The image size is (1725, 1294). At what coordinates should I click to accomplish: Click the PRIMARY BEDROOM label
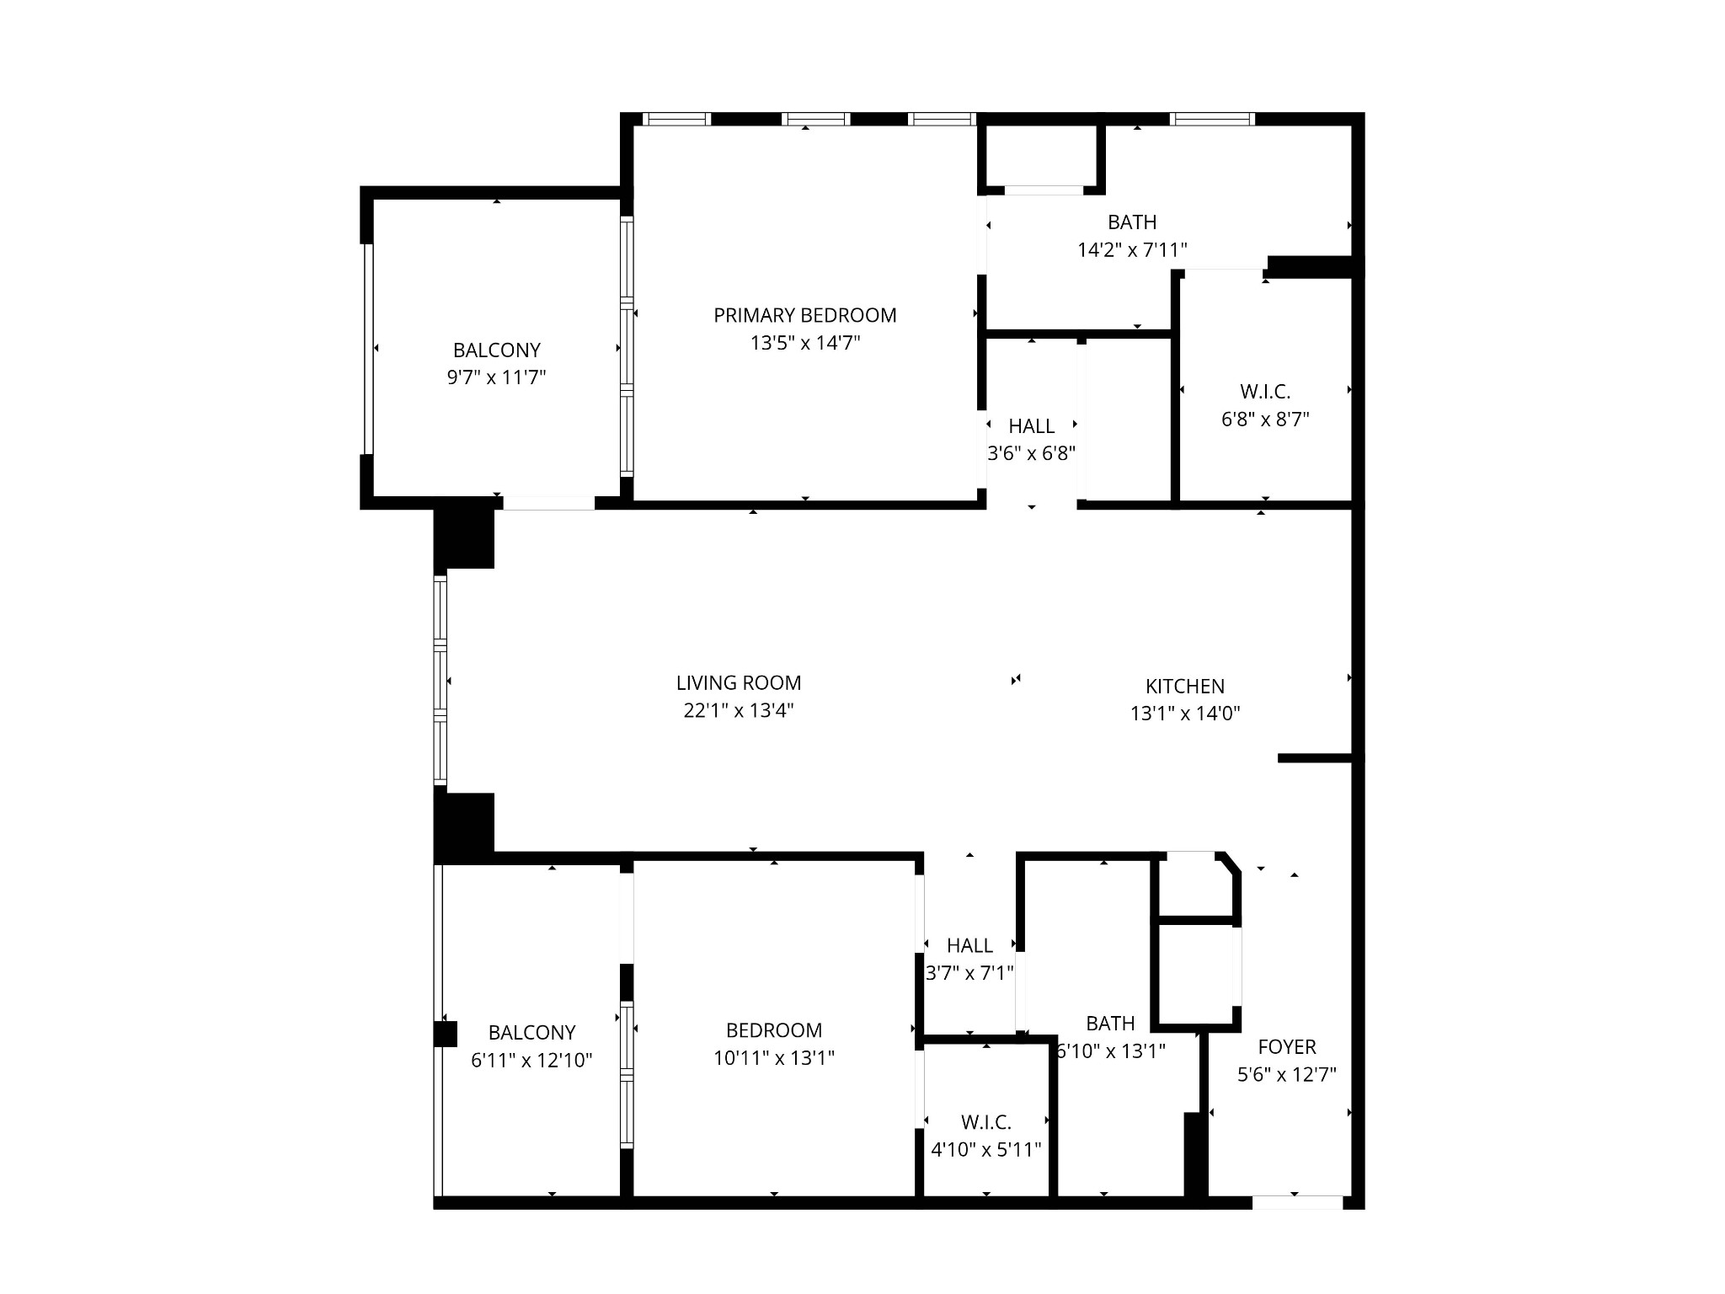pos(805,315)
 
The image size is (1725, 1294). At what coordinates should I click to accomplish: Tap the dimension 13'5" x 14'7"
pos(805,343)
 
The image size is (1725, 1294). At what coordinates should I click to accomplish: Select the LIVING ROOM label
pos(739,682)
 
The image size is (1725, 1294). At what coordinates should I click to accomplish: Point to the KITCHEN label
pos(1185,687)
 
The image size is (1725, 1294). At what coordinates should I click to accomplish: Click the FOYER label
pos(1287,1047)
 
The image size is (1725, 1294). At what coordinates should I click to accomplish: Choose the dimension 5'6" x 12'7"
pos(1287,1075)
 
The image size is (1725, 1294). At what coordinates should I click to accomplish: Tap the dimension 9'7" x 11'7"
pos(497,377)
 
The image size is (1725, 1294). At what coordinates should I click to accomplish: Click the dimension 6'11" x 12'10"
pos(531,1060)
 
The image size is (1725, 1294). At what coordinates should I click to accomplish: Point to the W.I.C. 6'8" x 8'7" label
pos(1265,405)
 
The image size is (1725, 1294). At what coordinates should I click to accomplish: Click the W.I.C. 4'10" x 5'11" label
pos(986,1136)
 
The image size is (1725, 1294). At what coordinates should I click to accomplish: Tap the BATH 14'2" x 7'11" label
pos(1132,236)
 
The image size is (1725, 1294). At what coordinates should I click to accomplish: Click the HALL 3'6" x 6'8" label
pos(1032,440)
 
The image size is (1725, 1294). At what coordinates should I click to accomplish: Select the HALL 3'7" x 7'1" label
pos(969,960)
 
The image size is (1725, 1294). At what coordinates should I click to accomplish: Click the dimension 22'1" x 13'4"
pos(739,710)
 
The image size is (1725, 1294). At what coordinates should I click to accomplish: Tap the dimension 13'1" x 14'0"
pos(1185,714)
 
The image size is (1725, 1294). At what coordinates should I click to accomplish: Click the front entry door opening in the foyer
pos(1297,1203)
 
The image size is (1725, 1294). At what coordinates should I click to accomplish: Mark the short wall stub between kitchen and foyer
pos(1316,758)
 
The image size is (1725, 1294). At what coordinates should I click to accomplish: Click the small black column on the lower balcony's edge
pos(446,1034)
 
